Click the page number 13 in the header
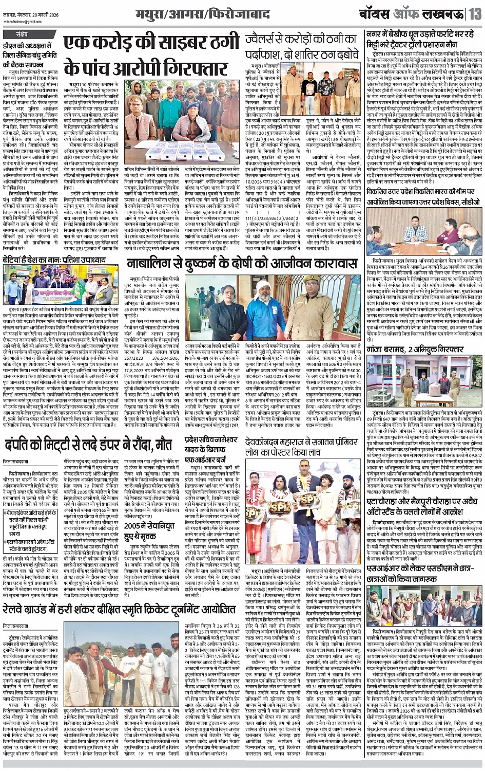click(x=474, y=14)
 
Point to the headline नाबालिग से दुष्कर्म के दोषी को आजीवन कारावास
click(x=241, y=265)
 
